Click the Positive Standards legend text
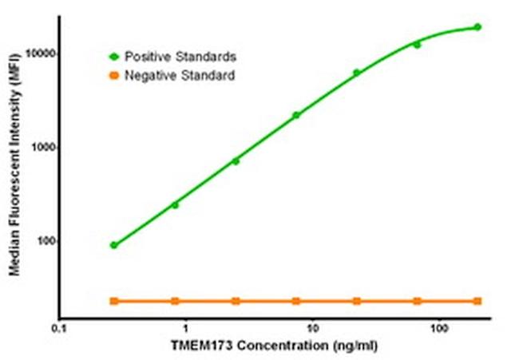pos(180,57)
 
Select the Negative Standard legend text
pos(179,76)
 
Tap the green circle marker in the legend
pos(113,57)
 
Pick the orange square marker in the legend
pos(113,76)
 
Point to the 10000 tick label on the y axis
pos(37,53)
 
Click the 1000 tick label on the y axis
pos(40,148)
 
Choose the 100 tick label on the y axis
pos(42,242)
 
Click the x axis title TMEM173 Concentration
pos(273,347)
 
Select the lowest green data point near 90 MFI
pos(114,245)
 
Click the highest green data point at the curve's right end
pos(477,27)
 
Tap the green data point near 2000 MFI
pos(296,115)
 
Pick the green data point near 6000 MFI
pos(357,73)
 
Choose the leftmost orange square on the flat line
pos(114,301)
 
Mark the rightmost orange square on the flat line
pos(477,301)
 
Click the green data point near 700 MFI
pos(236,161)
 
